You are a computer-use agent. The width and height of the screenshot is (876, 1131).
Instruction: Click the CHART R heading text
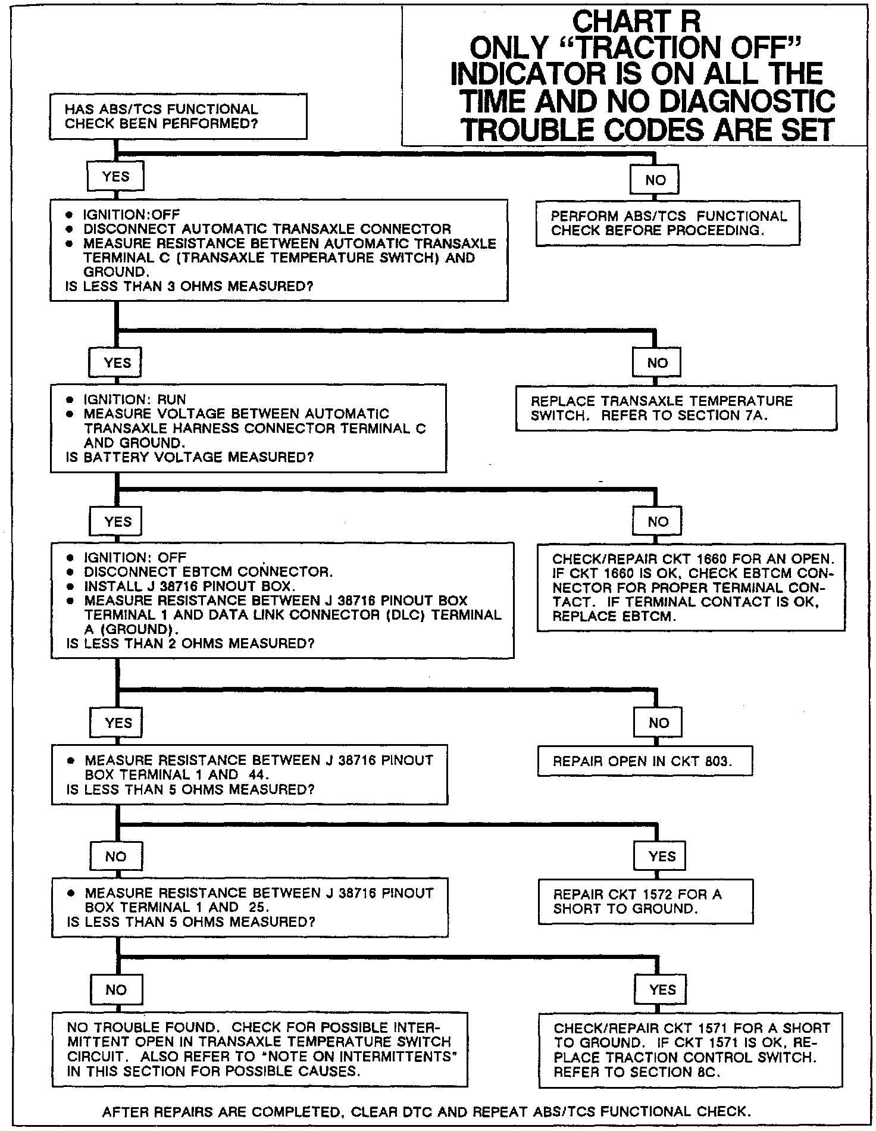636,22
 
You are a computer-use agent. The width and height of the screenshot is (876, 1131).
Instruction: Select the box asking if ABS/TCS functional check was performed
179,117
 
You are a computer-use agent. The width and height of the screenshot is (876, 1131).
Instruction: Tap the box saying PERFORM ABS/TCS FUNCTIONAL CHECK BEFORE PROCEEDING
668,223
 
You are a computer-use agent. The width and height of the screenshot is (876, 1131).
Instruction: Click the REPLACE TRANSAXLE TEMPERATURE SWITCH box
675,408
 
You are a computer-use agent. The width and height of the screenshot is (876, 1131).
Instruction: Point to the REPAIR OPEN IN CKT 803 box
645,761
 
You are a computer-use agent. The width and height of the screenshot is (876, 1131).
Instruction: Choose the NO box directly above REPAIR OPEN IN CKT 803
658,723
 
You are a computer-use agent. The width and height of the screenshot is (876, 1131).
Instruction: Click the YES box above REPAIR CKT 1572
662,856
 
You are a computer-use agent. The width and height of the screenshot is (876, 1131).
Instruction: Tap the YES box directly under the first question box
115,176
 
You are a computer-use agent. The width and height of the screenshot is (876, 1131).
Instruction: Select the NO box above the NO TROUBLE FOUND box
116,989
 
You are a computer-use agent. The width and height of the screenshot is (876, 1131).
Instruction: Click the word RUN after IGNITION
171,399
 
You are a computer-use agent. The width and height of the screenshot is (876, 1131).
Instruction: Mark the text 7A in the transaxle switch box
756,415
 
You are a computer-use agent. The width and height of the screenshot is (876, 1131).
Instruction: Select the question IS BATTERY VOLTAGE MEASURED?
190,457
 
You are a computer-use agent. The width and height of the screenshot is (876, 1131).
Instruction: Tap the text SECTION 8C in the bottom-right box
643,1071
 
